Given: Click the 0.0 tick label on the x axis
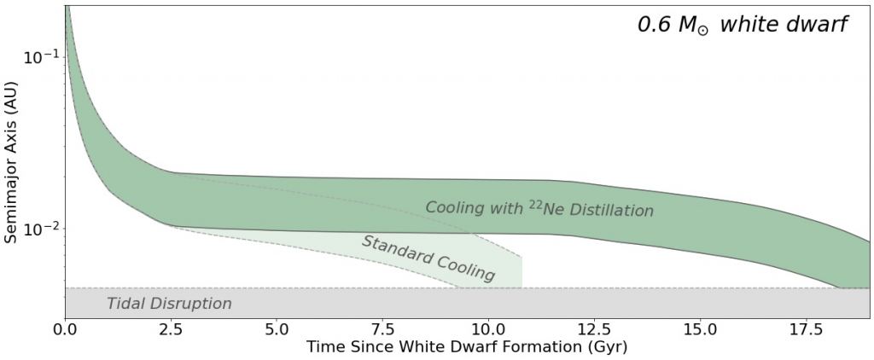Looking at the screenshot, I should coord(65,328).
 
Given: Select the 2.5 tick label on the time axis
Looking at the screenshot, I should coord(171,328).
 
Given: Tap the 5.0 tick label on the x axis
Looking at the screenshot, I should coord(277,328).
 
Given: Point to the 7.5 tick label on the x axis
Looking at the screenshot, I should coord(382,328).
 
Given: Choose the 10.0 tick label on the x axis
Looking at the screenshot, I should coord(488,328).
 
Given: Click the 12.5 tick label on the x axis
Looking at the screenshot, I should coord(594,328).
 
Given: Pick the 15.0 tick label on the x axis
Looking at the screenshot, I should coord(700,328).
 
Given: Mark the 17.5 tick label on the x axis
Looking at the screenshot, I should coord(806,328).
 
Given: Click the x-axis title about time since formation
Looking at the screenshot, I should coord(467,347).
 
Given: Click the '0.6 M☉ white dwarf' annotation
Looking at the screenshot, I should coord(742,26).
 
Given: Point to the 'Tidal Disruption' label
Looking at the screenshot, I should coord(169,303).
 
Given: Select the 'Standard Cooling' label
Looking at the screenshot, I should coord(428,258).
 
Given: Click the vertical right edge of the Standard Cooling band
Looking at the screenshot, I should coord(521,272).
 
